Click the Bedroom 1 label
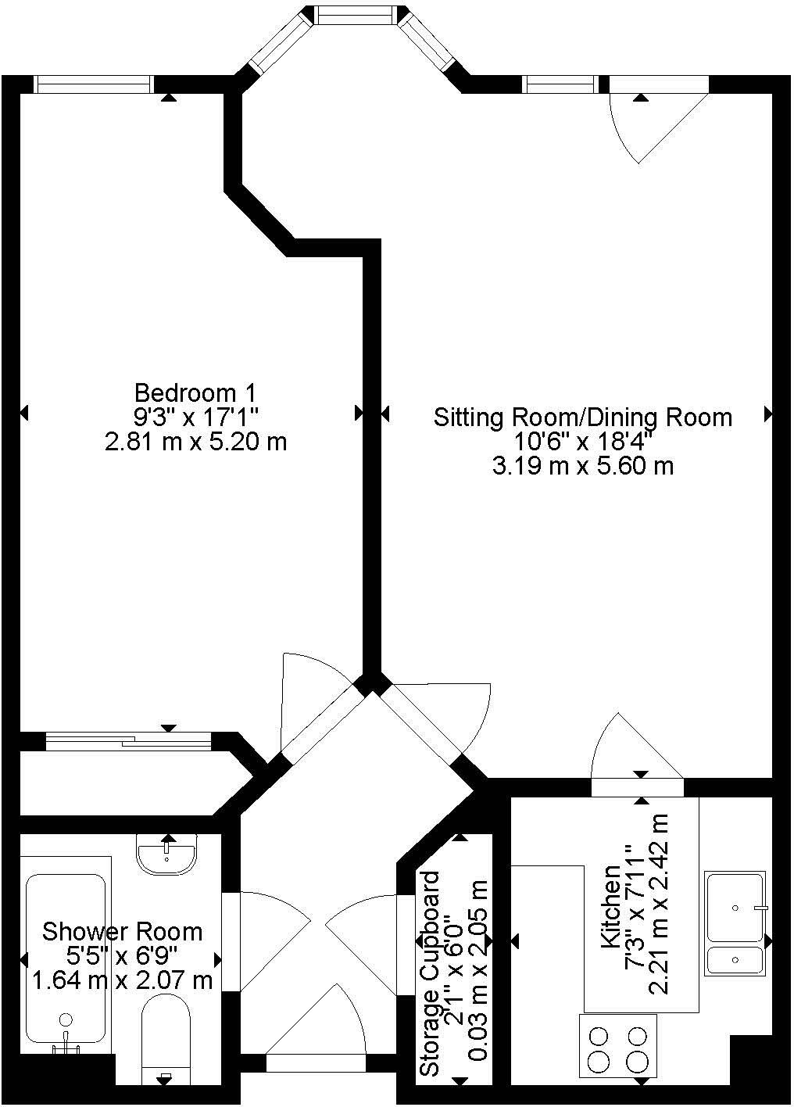click(x=195, y=392)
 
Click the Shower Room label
click(x=122, y=932)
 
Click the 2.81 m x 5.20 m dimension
click(x=195, y=442)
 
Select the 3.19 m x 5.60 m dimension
click(x=583, y=467)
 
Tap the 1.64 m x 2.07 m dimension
click(x=122, y=980)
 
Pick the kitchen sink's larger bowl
click(x=735, y=907)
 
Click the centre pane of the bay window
click(x=355, y=14)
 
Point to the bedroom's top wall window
click(x=93, y=84)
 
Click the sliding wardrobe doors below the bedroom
click(x=128, y=739)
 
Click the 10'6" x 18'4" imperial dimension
click(x=583, y=442)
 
